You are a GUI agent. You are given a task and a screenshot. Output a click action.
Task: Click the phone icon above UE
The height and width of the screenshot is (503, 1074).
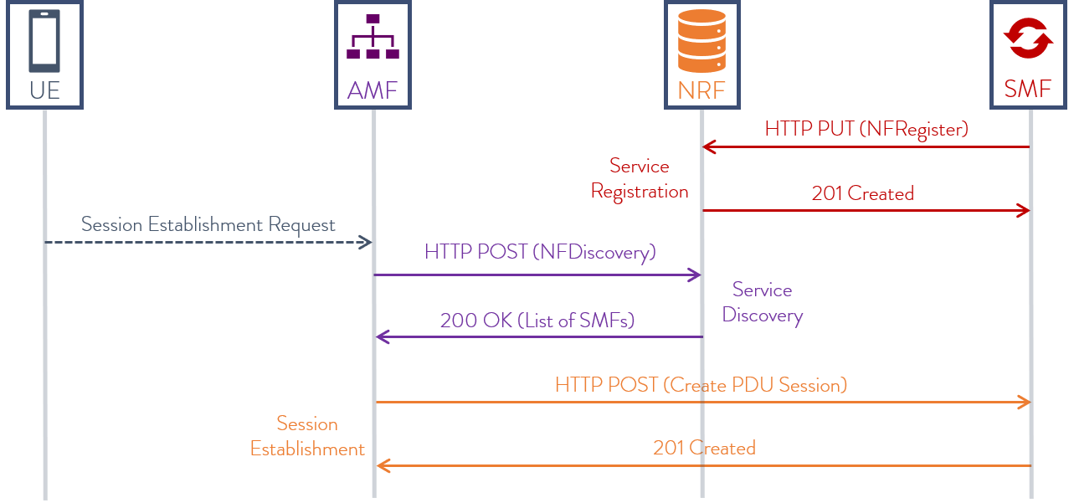pyautogui.click(x=44, y=40)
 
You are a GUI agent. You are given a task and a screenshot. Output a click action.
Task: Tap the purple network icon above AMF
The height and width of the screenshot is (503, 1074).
pyautogui.click(x=373, y=37)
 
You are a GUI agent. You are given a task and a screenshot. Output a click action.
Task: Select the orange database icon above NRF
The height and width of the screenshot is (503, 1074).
pyautogui.click(x=701, y=40)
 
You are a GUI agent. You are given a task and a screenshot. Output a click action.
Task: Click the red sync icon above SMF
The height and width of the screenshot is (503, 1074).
pyautogui.click(x=1028, y=38)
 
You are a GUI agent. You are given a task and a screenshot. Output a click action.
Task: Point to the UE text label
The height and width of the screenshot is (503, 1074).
pyautogui.click(x=44, y=90)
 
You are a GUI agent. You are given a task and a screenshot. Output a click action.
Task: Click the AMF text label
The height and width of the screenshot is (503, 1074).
pyautogui.click(x=373, y=90)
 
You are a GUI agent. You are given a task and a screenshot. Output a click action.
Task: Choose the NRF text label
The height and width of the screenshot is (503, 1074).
pyautogui.click(x=701, y=90)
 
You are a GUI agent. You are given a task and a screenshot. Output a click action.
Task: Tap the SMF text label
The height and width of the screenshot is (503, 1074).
pyautogui.click(x=1028, y=90)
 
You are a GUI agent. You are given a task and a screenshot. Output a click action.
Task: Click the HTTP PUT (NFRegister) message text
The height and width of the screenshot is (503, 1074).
pyautogui.click(x=866, y=129)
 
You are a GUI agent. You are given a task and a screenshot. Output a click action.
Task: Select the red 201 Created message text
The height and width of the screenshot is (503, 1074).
pyautogui.click(x=862, y=193)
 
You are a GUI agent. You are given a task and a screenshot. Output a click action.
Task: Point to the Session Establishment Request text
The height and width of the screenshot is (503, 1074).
pyautogui.click(x=208, y=224)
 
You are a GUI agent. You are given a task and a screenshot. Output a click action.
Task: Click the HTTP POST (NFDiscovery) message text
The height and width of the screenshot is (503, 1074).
pyautogui.click(x=540, y=252)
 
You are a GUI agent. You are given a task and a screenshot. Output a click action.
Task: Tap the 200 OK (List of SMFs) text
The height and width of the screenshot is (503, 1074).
pyautogui.click(x=537, y=321)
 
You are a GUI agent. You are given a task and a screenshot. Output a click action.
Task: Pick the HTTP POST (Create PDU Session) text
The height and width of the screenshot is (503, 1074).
pyautogui.click(x=701, y=385)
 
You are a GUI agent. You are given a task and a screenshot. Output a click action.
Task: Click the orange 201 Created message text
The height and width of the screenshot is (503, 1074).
pyautogui.click(x=704, y=448)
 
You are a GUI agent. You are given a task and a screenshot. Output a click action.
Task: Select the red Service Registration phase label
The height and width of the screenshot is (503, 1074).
pyautogui.click(x=640, y=178)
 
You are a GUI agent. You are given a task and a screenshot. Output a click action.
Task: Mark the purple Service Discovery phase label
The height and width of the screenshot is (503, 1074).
pyautogui.click(x=762, y=302)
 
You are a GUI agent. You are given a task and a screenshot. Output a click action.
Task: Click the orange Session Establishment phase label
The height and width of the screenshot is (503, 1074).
pyautogui.click(x=307, y=436)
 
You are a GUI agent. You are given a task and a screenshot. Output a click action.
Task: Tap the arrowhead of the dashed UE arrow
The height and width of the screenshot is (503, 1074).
pyautogui.click(x=366, y=243)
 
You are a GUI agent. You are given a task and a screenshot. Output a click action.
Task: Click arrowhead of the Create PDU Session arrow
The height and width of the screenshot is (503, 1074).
pyautogui.click(x=1023, y=403)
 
